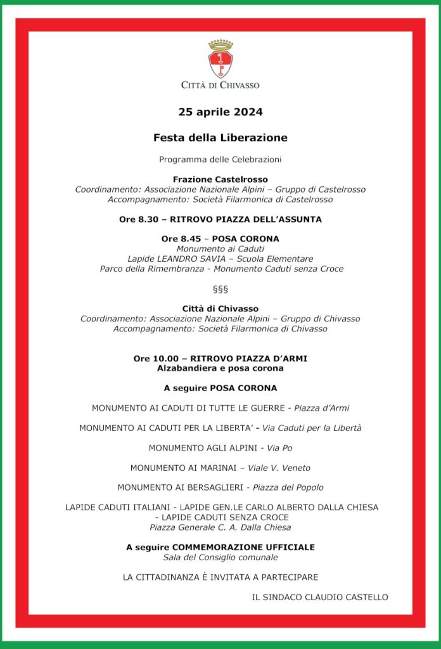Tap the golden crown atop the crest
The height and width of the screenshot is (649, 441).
(x=220, y=45)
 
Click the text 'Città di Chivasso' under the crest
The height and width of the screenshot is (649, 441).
(x=220, y=85)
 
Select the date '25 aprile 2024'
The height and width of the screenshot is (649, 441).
(x=220, y=112)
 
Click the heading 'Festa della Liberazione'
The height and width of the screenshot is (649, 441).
(x=220, y=138)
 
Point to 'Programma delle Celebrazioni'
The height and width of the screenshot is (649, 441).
(x=220, y=159)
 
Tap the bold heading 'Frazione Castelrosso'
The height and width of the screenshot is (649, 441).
(x=220, y=179)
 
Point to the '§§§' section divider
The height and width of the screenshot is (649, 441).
(x=220, y=289)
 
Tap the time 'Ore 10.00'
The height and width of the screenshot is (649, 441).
(x=153, y=359)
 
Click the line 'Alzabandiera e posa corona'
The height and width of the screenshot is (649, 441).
(x=220, y=368)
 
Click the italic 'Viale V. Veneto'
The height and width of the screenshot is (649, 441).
(x=281, y=468)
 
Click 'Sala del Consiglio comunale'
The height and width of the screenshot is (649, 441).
(x=220, y=557)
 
